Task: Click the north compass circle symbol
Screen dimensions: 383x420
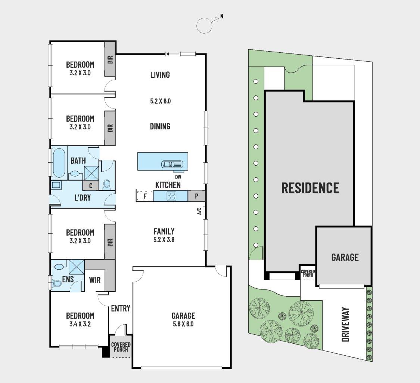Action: (204, 25)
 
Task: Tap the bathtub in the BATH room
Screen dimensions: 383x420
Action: (59, 163)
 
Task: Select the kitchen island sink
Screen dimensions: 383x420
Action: (172, 164)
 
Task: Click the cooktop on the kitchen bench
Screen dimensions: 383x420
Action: (171, 196)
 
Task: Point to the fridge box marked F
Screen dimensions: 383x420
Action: (145, 196)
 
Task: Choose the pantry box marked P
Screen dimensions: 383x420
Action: (196, 196)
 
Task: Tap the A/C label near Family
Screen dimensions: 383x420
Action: (199, 212)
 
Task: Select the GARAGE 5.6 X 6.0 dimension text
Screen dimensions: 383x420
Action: (183, 324)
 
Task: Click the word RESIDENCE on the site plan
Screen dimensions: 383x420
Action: (310, 188)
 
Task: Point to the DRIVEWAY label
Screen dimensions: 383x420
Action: (345, 324)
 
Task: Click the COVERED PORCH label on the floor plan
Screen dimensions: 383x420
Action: (120, 347)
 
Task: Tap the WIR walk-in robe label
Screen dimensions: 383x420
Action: (95, 280)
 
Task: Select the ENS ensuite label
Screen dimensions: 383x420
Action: (68, 279)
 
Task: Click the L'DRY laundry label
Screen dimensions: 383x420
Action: (82, 197)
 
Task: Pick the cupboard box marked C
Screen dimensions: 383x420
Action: (91, 185)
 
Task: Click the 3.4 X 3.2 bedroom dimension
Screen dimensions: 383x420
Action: (80, 324)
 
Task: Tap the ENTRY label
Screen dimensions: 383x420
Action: (121, 308)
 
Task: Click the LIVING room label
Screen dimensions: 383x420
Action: (160, 75)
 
